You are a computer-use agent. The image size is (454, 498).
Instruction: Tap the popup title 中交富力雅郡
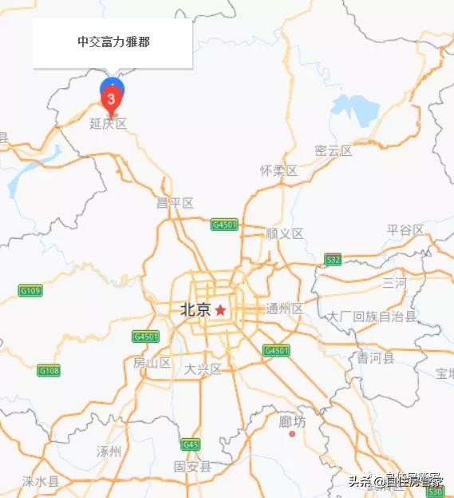[113, 42]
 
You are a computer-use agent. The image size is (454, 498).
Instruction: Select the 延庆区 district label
[109, 124]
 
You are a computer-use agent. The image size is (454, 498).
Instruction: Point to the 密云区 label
[334, 150]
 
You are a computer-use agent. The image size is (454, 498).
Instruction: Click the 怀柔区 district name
[278, 171]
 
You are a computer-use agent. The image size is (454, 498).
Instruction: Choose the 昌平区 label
[176, 203]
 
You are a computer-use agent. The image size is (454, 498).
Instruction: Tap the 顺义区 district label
[285, 233]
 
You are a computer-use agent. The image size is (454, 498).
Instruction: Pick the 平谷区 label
[405, 230]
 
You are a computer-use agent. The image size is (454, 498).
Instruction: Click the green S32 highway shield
[333, 259]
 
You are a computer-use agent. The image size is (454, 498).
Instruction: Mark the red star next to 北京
[221, 309]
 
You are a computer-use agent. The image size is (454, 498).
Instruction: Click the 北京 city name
[195, 309]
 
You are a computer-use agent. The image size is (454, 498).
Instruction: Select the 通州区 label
[285, 309]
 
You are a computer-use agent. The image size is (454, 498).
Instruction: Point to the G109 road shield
[30, 290]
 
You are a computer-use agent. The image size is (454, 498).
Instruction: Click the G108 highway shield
[49, 370]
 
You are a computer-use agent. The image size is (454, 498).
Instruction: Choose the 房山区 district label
[152, 363]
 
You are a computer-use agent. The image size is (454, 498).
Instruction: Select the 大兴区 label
[203, 369]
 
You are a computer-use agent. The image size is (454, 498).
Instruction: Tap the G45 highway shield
[190, 444]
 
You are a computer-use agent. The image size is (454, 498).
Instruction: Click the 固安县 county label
[192, 466]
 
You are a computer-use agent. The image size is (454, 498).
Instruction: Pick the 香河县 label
[376, 358]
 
